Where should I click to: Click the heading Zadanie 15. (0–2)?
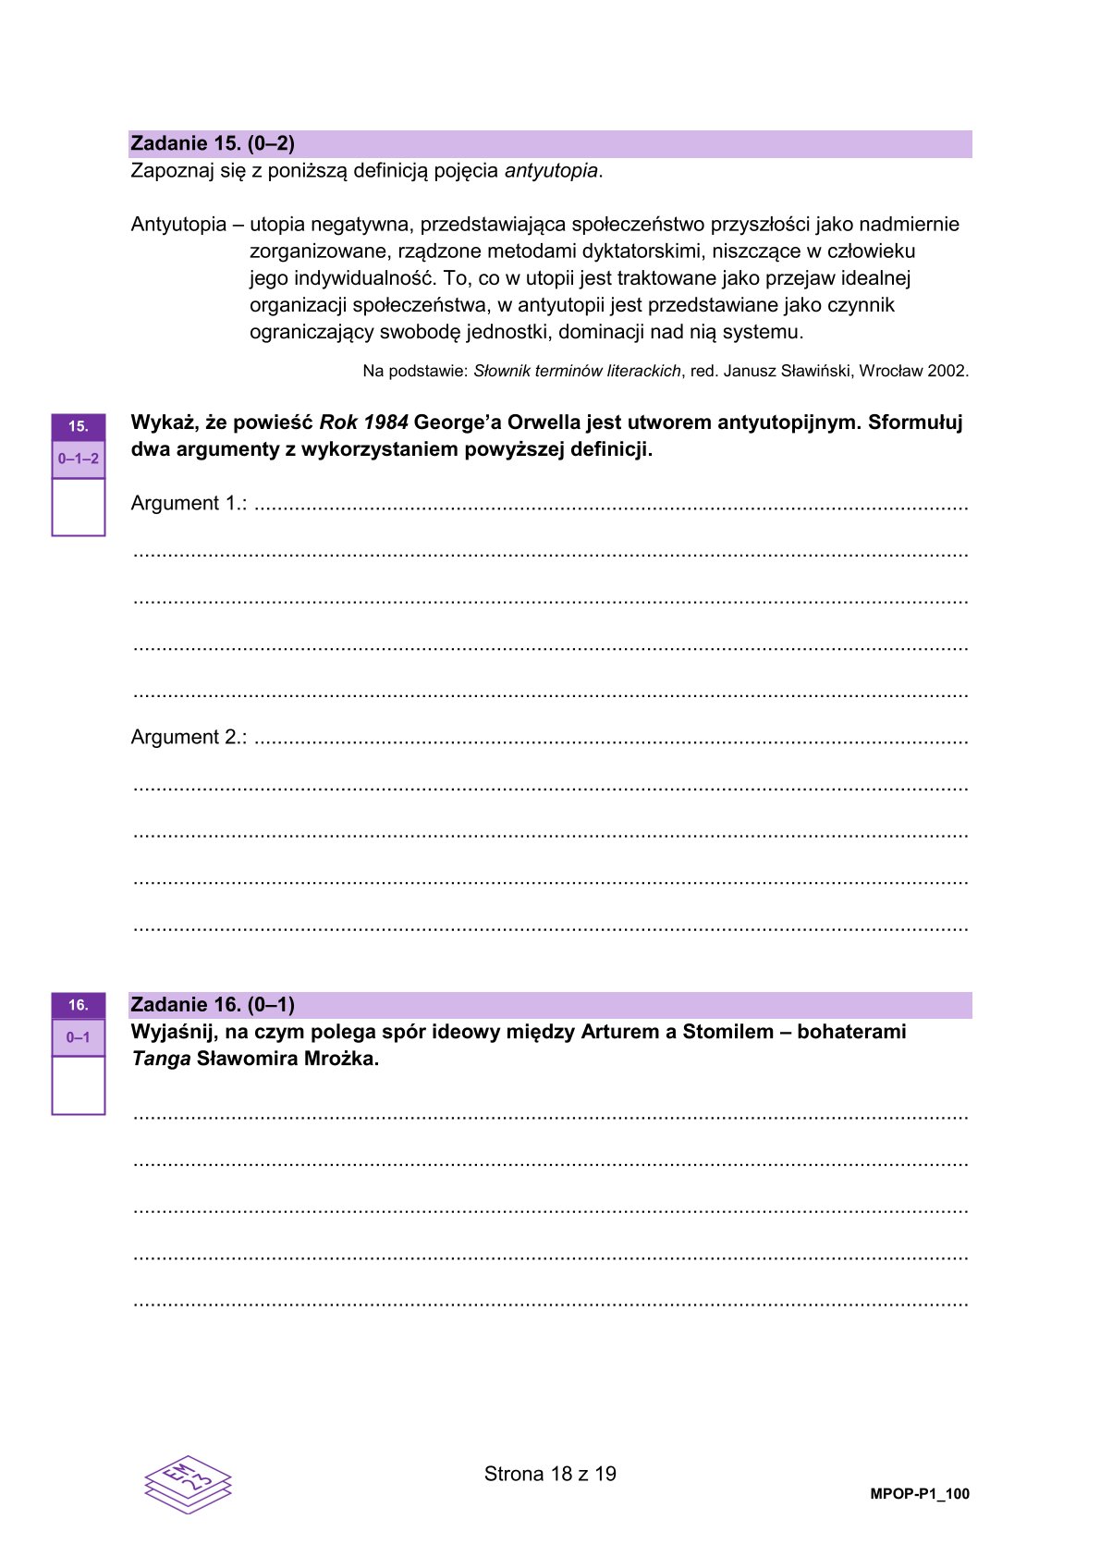213,143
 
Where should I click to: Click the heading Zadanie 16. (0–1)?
213,1005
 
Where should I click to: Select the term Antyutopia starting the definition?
178,225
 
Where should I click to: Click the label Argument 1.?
189,504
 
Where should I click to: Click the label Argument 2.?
189,738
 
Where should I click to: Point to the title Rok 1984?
363,423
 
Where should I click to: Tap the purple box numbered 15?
79,426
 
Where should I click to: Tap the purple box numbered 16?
79,1005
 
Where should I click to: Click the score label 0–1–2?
79,459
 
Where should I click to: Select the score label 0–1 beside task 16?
79,1037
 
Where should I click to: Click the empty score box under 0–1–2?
79,507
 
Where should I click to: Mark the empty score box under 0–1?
79,1085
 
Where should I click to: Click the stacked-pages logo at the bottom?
188,1483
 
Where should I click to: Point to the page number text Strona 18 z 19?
550,1474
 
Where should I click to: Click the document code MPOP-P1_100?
919,1494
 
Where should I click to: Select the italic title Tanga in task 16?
161,1060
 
